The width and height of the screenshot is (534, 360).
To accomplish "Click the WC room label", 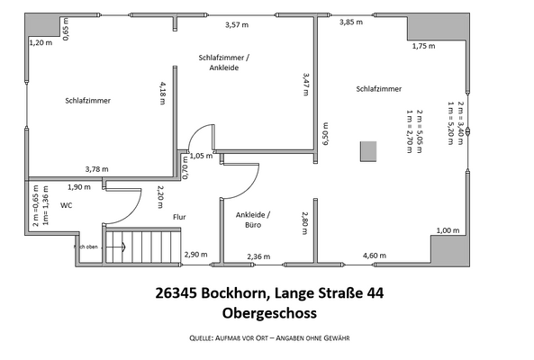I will coord(66,205).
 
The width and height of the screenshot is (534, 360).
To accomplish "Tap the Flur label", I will coord(178,217).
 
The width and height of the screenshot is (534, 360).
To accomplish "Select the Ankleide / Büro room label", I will coord(253,220).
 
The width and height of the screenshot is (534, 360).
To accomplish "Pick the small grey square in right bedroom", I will coord(367,152).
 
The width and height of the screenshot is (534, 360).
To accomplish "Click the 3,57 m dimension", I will coord(236,24).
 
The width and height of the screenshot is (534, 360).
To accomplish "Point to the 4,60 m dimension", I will coord(375,256).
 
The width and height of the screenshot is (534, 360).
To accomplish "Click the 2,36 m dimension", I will coord(258,256).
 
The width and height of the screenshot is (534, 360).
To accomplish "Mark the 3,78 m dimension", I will coord(96,168).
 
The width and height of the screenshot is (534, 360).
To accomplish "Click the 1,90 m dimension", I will coord(80,187).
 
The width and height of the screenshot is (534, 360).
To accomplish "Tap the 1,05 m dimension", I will coord(202,155).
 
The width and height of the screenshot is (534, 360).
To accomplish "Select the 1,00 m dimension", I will coord(448,231).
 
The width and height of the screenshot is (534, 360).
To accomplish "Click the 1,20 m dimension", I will coord(41,42).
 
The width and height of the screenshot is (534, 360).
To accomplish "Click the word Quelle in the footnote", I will coord(204,337).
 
